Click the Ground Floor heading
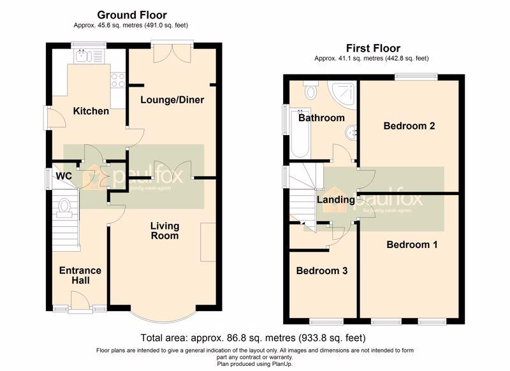[132, 15]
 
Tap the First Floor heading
[373, 48]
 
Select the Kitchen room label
[91, 111]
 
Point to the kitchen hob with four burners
[118, 80]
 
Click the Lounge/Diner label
[172, 99]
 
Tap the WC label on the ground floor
[64, 176]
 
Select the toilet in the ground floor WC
[64, 208]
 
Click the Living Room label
[165, 231]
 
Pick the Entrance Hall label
[80, 275]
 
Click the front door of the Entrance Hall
[80, 301]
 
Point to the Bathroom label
[321, 118]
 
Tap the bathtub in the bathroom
[300, 133]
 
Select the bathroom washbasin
[351, 133]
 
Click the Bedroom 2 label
[409, 126]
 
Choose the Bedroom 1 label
[412, 245]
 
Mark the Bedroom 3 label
[322, 270]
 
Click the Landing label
[336, 200]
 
